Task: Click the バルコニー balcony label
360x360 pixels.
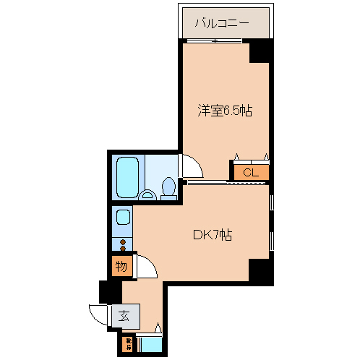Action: pos(222,23)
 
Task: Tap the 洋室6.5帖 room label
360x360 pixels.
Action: pos(225,111)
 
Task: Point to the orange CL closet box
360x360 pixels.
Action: pos(250,173)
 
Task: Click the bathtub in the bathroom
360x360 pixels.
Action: pos(127,176)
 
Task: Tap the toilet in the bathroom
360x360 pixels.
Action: pos(169,188)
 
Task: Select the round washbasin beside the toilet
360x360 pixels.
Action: pos(148,194)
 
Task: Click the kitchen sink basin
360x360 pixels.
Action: pos(122,217)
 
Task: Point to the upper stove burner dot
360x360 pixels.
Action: pos(123,241)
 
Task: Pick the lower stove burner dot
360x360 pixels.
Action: pos(123,249)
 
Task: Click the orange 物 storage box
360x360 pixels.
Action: pos(121,267)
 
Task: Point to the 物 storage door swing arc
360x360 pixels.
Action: pos(144,267)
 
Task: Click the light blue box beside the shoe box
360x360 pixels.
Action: pos(150,343)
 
